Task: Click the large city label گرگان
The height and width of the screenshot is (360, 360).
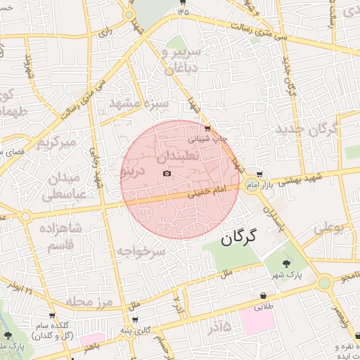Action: (249, 236)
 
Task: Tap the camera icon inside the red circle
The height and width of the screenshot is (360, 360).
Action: (166, 172)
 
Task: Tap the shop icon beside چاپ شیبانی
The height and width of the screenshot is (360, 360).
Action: (207, 129)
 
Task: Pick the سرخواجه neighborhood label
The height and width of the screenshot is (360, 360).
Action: (141, 251)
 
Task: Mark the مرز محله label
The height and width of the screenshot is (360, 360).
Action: (91, 302)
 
